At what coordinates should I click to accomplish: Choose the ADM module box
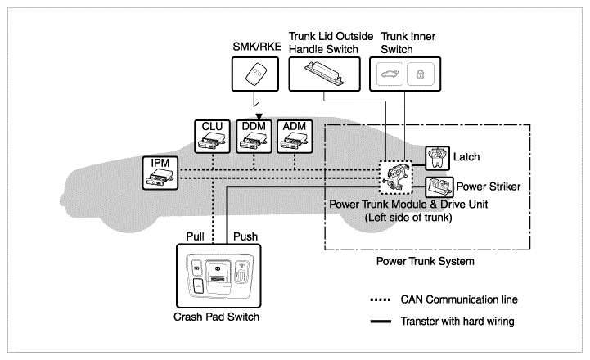click(293, 137)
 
